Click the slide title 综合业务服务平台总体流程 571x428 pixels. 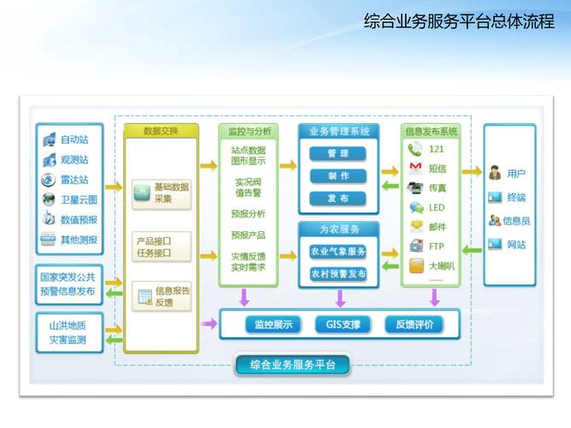(x=454, y=21)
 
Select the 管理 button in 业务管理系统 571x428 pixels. (x=337, y=153)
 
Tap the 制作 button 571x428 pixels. (x=337, y=175)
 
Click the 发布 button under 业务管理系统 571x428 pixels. (x=337, y=198)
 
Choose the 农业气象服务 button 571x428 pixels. (x=337, y=252)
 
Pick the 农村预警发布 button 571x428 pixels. (x=337, y=274)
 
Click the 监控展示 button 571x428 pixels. (x=273, y=324)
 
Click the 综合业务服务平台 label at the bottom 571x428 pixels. (x=292, y=366)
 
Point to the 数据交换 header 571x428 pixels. (x=161, y=131)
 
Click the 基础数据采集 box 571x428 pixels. (x=162, y=193)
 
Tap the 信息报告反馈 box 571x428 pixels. (x=163, y=297)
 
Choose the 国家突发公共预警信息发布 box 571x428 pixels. (x=68, y=284)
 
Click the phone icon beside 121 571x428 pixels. (x=416, y=149)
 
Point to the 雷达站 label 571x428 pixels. (x=74, y=181)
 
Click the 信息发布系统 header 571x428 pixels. (x=431, y=131)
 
